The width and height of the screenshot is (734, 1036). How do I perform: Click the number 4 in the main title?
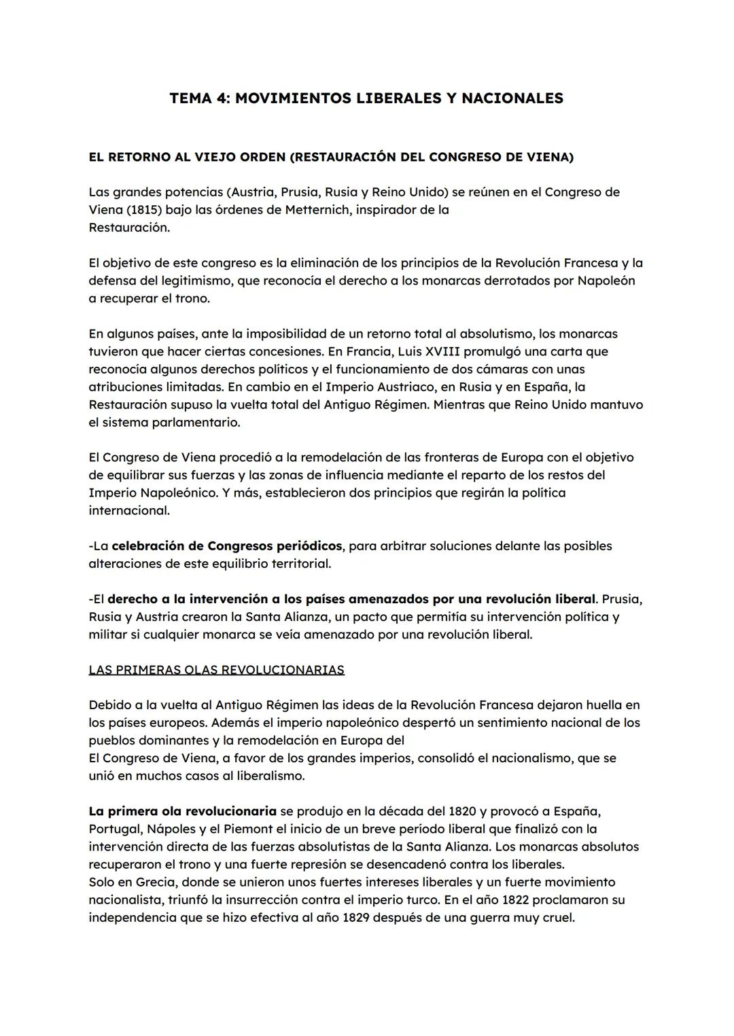coord(222,99)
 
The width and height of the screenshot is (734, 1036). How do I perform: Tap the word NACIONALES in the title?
coord(512,99)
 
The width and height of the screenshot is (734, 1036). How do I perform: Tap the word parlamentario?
coord(197,422)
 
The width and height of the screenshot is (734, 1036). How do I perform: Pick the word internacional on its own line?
coord(129,510)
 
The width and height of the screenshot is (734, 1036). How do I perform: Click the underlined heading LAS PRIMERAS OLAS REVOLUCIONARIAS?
coord(216,670)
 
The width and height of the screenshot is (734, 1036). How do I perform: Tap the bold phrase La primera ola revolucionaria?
coord(182,811)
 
